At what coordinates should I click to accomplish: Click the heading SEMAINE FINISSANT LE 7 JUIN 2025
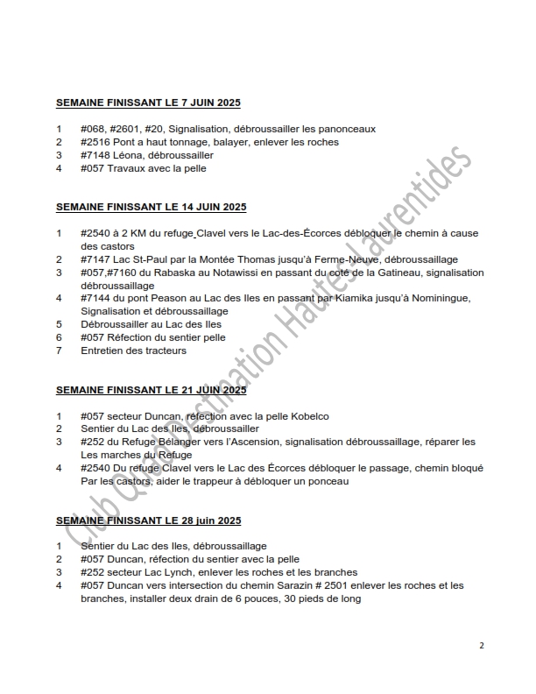pyautogui.click(x=148, y=103)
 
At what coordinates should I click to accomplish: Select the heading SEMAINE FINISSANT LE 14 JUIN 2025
pyautogui.click(x=152, y=208)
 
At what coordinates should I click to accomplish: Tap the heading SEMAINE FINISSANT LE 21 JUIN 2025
pyautogui.click(x=152, y=390)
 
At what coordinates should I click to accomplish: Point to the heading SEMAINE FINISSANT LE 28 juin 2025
pyautogui.click(x=150, y=520)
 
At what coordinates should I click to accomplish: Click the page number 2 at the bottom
pyautogui.click(x=481, y=646)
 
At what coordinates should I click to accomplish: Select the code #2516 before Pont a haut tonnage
pyautogui.click(x=95, y=142)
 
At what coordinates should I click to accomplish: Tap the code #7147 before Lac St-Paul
pyautogui.click(x=95, y=259)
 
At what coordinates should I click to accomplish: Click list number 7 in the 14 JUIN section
pyautogui.click(x=59, y=351)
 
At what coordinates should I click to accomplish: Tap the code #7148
pyautogui.click(x=95, y=155)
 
